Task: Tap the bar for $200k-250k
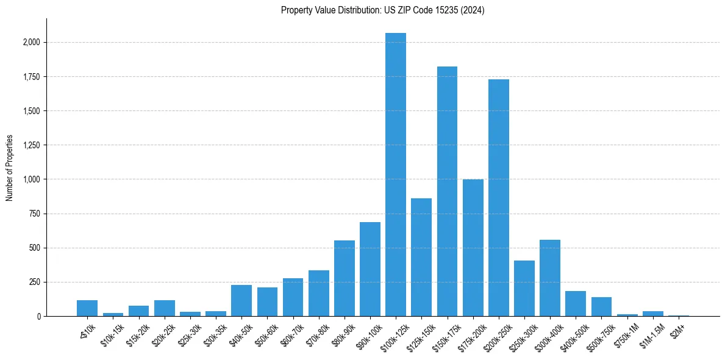pyautogui.click(x=499, y=198)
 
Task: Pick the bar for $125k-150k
pyautogui.click(x=421, y=257)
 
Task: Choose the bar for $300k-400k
pyautogui.click(x=550, y=278)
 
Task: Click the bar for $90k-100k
pyautogui.click(x=370, y=269)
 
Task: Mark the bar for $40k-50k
pyautogui.click(x=241, y=300)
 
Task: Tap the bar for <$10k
pyautogui.click(x=87, y=308)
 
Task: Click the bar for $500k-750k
pyautogui.click(x=601, y=306)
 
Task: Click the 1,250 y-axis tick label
pyautogui.click(x=32, y=145)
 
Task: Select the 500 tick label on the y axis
pyautogui.click(x=35, y=248)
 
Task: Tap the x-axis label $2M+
pyautogui.click(x=678, y=328)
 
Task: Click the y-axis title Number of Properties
pyautogui.click(x=10, y=168)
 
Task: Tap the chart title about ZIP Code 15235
pyautogui.click(x=382, y=10)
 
